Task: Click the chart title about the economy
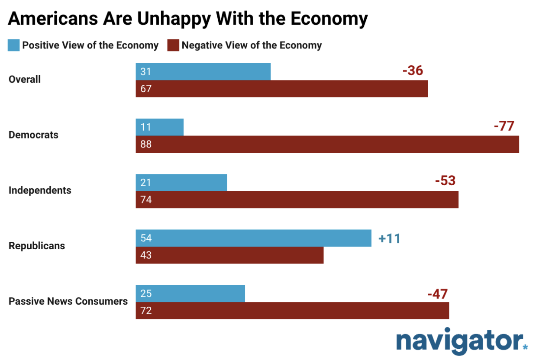pos(187,19)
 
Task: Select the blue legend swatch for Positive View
pos(13,45)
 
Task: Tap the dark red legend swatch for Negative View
pos(173,45)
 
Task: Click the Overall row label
pos(25,80)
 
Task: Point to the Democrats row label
pos(33,135)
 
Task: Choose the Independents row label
pos(40,190)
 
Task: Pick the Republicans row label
pos(37,246)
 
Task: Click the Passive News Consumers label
pos(68,301)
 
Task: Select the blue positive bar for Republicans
pos(253,238)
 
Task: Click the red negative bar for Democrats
pos(327,144)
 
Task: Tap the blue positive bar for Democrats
pos(159,127)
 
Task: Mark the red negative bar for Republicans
pos(229,255)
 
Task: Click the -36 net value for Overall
pos(412,71)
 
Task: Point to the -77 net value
pos(504,126)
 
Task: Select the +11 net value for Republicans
pos(389,239)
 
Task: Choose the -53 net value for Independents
pos(445,181)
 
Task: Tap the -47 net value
pos(437,294)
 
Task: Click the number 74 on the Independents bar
pos(146,200)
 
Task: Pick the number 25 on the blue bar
pos(145,293)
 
